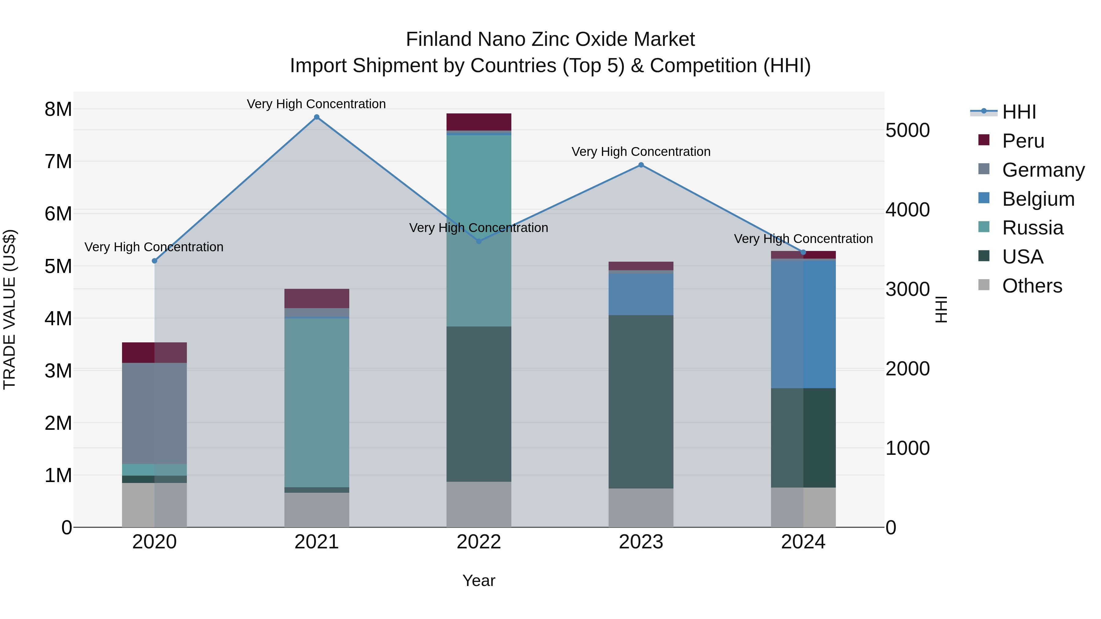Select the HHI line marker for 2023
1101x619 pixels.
tap(641, 165)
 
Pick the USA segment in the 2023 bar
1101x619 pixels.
tap(641, 402)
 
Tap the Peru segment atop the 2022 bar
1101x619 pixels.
tap(479, 122)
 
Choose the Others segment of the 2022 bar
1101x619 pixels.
tap(479, 504)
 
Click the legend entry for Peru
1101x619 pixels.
tap(1023, 141)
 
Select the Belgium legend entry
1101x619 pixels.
tap(1038, 199)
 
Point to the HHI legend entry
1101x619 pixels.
tap(1018, 112)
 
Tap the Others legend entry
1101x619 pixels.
tap(1032, 286)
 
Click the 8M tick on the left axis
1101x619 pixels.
tap(58, 109)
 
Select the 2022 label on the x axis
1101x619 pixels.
tap(479, 542)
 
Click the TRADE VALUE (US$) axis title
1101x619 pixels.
tap(9, 309)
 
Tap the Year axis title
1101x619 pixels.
tap(479, 580)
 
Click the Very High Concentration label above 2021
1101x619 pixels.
tap(316, 104)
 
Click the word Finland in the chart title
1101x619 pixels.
tap(439, 39)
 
